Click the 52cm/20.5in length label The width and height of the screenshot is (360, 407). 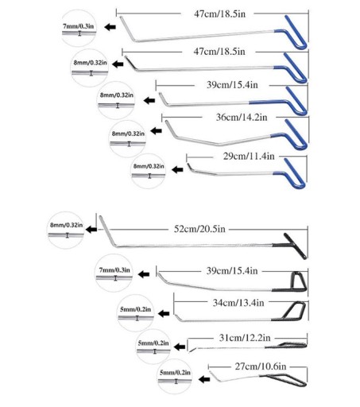coord(199,229)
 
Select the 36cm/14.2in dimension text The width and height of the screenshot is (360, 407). coord(242,117)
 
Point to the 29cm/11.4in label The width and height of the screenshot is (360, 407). coord(249,156)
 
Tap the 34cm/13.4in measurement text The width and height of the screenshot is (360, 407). coord(238,302)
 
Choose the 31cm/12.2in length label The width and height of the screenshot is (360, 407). coord(245,338)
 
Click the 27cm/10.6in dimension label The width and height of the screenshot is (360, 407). coord(261,366)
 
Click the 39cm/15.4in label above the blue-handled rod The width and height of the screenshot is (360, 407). coord(232,85)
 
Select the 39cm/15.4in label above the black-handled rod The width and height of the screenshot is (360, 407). coord(232,271)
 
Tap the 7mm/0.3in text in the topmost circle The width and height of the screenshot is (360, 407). coord(78,26)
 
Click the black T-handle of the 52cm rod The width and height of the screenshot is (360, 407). coord(295,245)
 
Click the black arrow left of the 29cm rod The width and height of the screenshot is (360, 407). coord(177,169)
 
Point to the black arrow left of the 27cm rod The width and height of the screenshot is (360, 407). coord(204,379)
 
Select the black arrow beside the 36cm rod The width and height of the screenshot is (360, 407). coord(156,130)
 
